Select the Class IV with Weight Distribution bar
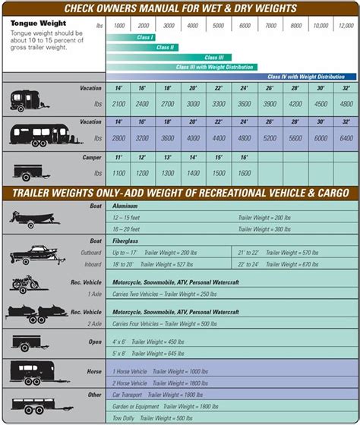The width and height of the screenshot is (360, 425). [311, 77]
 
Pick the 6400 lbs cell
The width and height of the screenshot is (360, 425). [345, 139]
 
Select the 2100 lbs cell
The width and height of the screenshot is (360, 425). [119, 104]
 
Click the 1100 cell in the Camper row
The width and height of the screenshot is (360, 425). [119, 173]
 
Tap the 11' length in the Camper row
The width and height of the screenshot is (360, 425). [119, 157]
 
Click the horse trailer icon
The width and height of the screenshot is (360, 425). [30, 372]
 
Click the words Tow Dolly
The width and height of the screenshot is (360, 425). [126, 417]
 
